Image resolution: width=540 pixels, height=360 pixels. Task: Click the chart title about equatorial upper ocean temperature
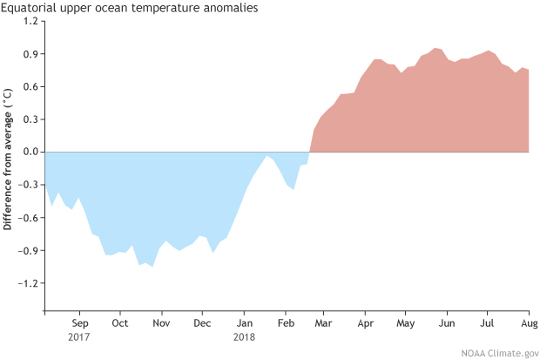[x=131, y=9]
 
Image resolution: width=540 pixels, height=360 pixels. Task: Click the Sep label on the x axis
[x=79, y=323]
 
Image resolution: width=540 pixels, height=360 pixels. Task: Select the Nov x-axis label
[x=161, y=323]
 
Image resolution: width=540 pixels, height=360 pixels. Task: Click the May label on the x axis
[x=406, y=323]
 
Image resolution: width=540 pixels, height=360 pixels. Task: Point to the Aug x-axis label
[x=529, y=323]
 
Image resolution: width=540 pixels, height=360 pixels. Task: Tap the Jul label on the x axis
[x=488, y=323]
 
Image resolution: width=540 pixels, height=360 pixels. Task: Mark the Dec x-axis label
[x=202, y=323]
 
